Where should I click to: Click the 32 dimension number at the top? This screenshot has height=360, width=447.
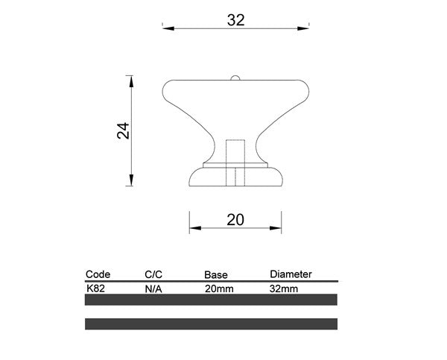[235, 20]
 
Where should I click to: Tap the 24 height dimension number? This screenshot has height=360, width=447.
[123, 131]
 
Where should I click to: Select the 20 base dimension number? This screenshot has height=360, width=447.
[235, 220]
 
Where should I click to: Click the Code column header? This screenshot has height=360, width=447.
[98, 274]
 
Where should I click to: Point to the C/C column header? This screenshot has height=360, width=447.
[153, 274]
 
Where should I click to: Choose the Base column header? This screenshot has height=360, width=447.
[216, 275]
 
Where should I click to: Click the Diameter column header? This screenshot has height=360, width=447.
[291, 274]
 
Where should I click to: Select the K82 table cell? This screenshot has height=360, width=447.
[95, 288]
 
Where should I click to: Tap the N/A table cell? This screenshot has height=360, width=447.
[153, 289]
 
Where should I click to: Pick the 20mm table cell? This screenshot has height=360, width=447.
[219, 289]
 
